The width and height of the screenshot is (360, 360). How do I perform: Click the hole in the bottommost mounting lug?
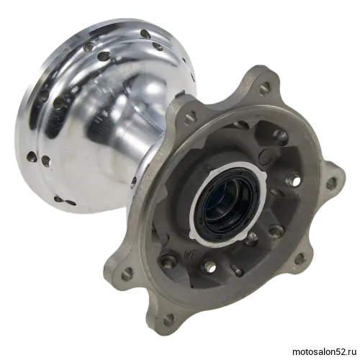coord(168,318)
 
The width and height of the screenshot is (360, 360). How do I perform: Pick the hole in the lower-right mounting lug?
coord(298,259)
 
